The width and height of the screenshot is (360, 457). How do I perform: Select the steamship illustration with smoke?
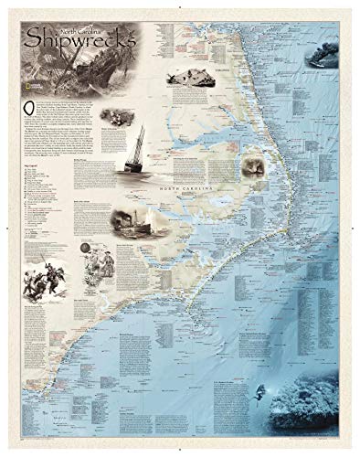point(132,223)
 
